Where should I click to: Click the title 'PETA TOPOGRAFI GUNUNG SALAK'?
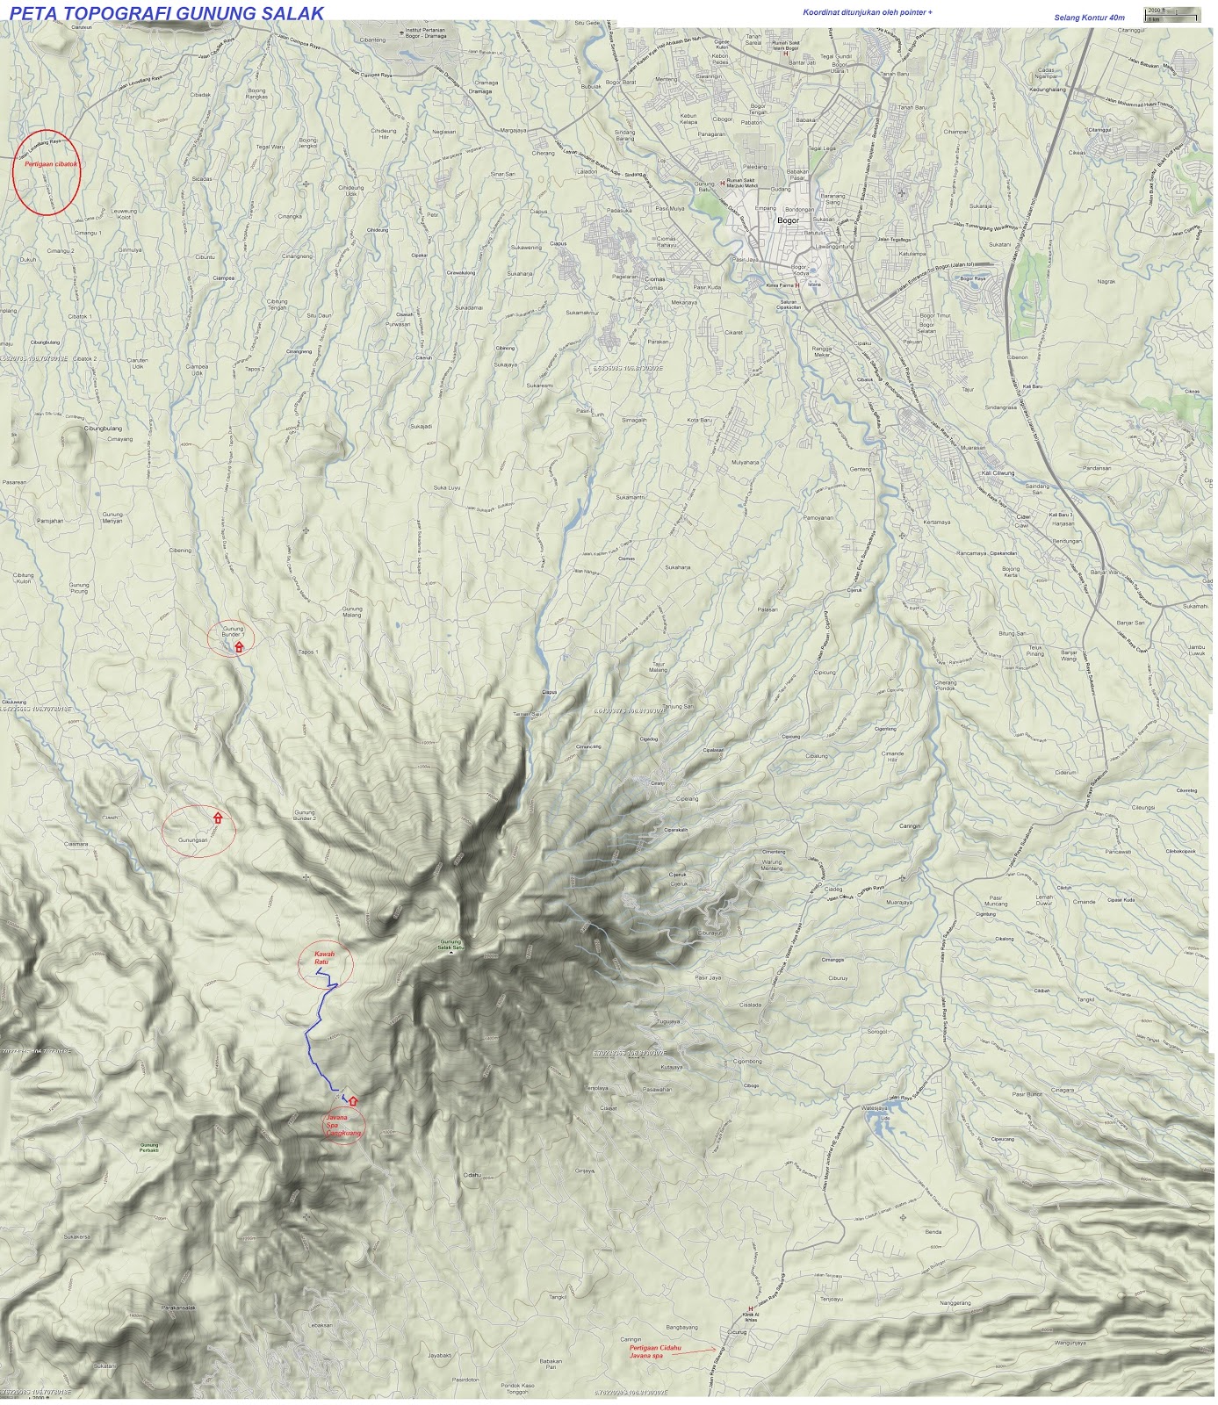pyautogui.click(x=167, y=13)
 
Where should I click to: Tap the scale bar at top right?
pyautogui.click(x=1172, y=12)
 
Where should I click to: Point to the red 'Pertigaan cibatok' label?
pyautogui.click(x=47, y=163)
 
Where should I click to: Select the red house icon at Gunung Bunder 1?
pyautogui.click(x=239, y=647)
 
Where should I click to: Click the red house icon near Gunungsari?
pyautogui.click(x=218, y=818)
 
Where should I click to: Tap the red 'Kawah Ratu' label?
pyautogui.click(x=323, y=958)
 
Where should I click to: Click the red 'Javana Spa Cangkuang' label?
pyautogui.click(x=343, y=1125)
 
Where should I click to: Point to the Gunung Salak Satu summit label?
pyautogui.click(x=450, y=945)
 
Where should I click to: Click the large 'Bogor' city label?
pyautogui.click(x=789, y=220)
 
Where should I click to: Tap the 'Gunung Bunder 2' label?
pyautogui.click(x=304, y=816)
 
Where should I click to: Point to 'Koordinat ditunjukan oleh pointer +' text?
pyautogui.click(x=867, y=12)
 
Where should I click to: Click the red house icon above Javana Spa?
pyautogui.click(x=353, y=1100)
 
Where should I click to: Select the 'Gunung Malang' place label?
pyautogui.click(x=351, y=612)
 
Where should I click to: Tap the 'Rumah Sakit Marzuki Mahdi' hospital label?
pyautogui.click(x=740, y=184)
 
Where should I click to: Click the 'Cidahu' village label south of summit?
pyautogui.click(x=472, y=1175)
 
